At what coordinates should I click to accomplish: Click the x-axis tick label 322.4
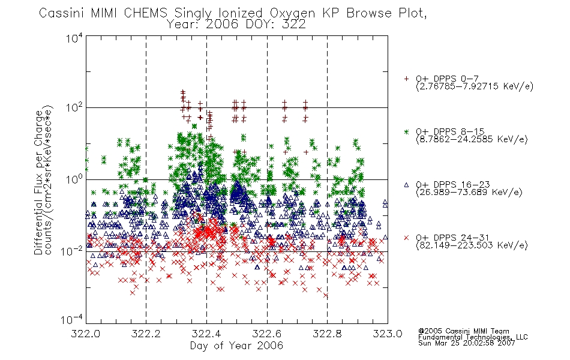point(206,334)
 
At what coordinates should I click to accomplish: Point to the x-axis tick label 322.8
point(327,334)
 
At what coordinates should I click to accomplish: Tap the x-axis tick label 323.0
point(388,334)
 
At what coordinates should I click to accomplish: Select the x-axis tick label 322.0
point(86,334)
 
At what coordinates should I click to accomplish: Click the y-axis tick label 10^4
point(75,38)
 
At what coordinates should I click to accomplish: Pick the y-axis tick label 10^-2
point(72,250)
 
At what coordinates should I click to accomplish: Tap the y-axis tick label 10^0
point(75,179)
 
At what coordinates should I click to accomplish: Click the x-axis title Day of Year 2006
point(236,346)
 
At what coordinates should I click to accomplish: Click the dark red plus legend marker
point(406,79)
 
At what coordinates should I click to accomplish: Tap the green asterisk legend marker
point(406,131)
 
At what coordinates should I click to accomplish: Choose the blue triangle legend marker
point(406,185)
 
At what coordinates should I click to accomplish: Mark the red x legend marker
point(406,238)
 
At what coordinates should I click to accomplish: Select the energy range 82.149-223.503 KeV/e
point(472,245)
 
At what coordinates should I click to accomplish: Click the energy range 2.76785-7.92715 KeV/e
point(475,86)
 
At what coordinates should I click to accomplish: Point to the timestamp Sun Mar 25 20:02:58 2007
point(467,343)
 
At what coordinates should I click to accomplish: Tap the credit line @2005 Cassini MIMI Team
point(464,331)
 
